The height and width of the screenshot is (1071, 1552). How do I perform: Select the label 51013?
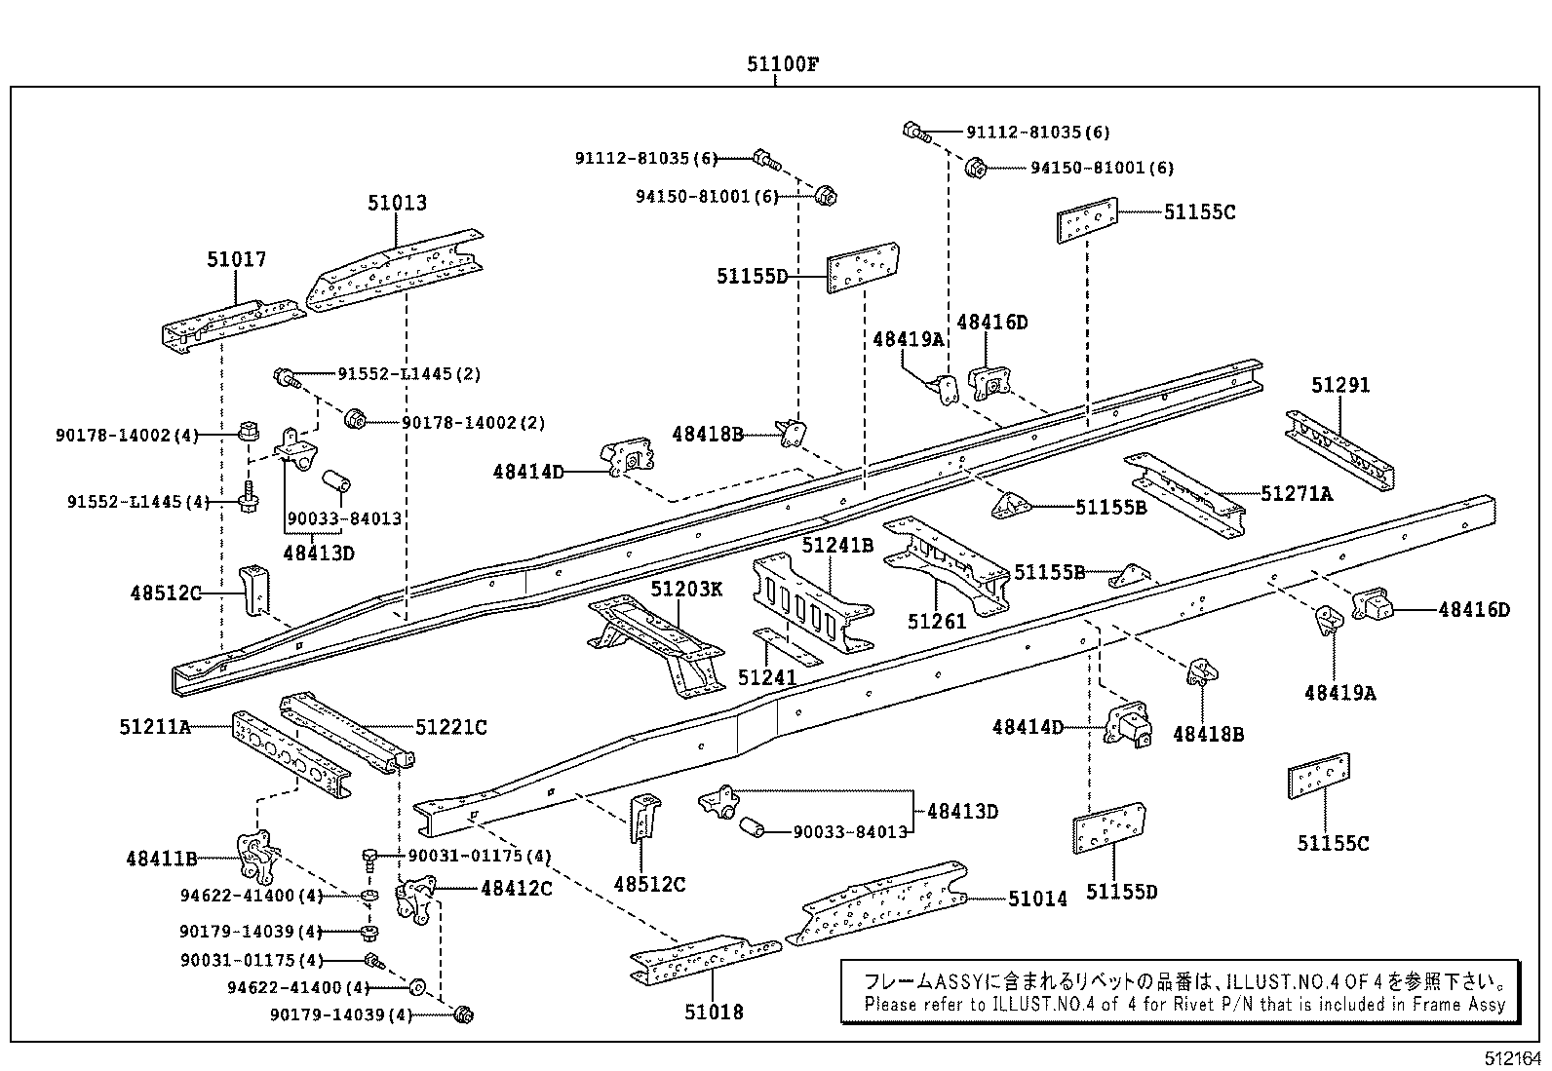[397, 203]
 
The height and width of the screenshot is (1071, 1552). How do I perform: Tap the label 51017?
[236, 259]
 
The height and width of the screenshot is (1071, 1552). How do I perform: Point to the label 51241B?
[837, 545]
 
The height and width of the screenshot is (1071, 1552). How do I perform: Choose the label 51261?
[936, 621]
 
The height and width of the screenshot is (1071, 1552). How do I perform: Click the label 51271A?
[1296, 494]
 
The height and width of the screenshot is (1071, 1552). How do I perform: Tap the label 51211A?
[155, 726]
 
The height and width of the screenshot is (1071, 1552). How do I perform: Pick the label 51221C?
[450, 727]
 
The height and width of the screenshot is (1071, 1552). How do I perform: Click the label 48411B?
[161, 859]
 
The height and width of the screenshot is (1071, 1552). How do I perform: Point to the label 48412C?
[516, 888]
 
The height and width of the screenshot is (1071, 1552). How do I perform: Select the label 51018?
[714, 1013]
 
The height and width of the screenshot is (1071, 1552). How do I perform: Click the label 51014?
[1037, 899]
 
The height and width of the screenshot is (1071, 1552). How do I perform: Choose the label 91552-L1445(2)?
[409, 374]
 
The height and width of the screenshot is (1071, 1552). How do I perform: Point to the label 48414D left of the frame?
[528, 472]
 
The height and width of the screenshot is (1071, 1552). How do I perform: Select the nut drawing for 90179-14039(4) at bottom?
[464, 1015]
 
